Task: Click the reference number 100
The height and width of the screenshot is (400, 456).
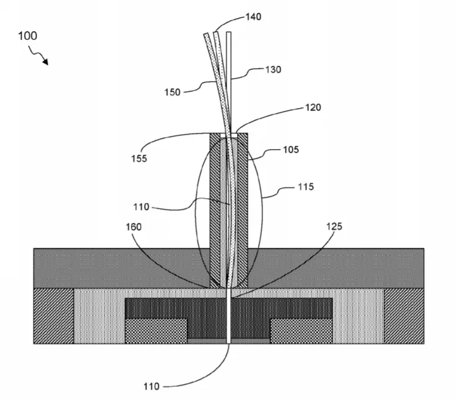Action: tap(28, 36)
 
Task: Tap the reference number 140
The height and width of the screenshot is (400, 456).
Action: tap(253, 17)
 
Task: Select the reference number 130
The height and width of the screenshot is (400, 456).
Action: tap(273, 70)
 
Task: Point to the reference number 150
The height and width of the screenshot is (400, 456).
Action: tap(172, 93)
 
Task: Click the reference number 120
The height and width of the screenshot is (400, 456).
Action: tap(313, 107)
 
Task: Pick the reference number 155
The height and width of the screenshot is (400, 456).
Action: tap(139, 158)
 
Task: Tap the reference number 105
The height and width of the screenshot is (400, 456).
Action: tap(291, 150)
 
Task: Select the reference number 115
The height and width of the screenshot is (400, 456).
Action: tap(306, 186)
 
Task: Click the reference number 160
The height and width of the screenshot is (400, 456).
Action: tap(133, 227)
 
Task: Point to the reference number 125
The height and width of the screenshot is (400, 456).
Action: tap(334, 227)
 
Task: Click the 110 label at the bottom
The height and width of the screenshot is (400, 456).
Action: tap(151, 386)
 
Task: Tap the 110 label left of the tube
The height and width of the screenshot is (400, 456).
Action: tap(141, 207)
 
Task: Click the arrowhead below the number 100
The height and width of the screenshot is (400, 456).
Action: tap(45, 62)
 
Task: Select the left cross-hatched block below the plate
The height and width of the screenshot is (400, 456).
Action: tap(156, 331)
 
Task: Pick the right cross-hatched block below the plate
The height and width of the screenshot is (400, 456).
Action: tap(302, 331)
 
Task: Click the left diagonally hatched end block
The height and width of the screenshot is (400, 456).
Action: tap(54, 316)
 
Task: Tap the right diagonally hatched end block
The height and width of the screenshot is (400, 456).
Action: tap(404, 316)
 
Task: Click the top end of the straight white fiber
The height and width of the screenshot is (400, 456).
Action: tap(228, 32)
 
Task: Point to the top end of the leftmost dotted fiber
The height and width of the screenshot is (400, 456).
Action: tap(206, 34)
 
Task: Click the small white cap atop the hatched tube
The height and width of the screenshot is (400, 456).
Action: tap(229, 135)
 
